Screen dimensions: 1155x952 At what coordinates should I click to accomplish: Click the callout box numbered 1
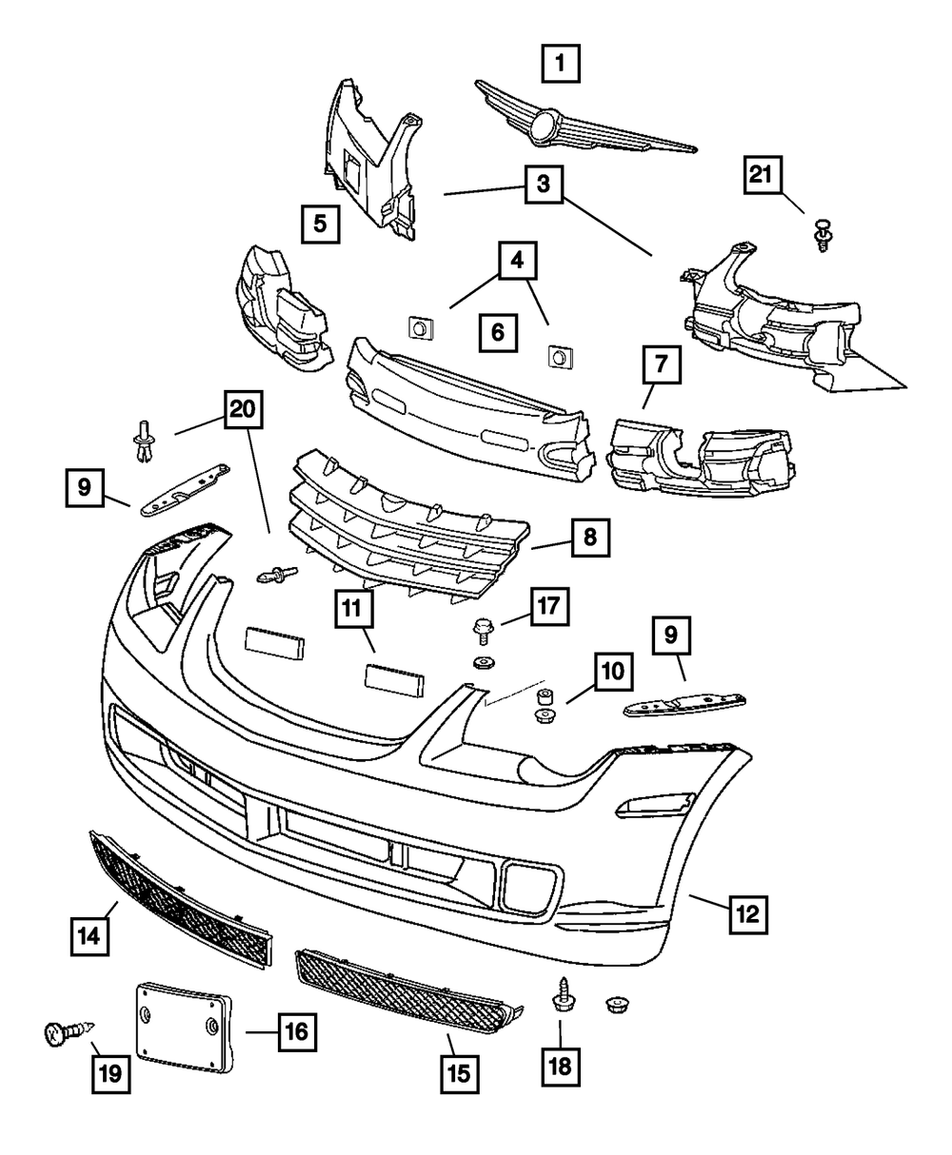[560, 65]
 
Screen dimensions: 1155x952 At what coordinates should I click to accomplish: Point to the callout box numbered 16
[296, 1029]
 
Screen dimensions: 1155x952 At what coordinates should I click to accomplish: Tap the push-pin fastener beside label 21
[823, 233]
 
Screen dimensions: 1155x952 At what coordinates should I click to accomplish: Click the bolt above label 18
[560, 998]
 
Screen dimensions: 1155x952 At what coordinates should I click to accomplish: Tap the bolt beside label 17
[483, 629]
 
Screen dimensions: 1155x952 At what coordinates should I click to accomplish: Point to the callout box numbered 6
[498, 333]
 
